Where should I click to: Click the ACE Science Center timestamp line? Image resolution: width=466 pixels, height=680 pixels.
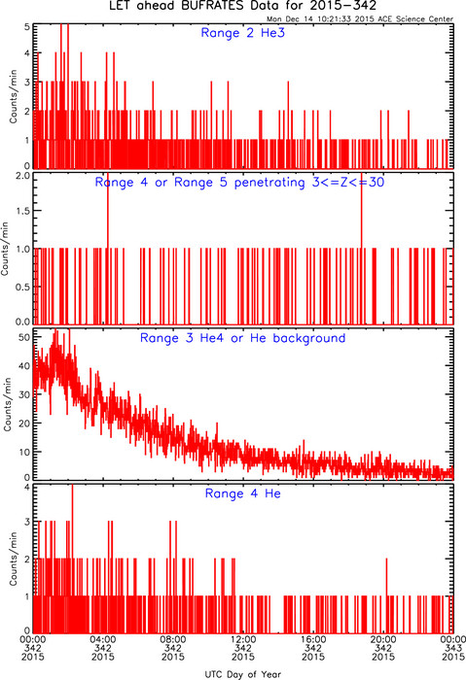click(360, 19)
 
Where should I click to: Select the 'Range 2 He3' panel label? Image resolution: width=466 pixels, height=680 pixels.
click(243, 33)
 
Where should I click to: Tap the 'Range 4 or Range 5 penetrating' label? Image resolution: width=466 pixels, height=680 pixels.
click(199, 183)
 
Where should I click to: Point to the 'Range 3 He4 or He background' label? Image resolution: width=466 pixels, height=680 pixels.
click(243, 338)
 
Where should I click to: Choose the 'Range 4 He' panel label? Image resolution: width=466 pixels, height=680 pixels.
click(243, 493)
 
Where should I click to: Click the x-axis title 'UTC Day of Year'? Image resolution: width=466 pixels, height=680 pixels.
click(243, 674)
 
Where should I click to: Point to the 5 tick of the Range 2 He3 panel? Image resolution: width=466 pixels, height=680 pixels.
click(27, 27)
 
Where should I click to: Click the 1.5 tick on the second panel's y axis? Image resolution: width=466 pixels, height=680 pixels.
click(23, 211)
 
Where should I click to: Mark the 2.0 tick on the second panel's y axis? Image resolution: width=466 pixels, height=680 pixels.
click(23, 176)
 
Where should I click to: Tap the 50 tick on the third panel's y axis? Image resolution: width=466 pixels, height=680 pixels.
click(24, 337)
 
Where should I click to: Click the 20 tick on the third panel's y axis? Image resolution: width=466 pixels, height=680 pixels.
click(24, 424)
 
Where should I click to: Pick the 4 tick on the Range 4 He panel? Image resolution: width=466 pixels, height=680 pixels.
click(27, 487)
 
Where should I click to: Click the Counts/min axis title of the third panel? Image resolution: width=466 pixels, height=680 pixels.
click(8, 405)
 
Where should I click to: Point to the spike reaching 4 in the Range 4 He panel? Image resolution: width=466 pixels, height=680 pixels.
click(72, 559)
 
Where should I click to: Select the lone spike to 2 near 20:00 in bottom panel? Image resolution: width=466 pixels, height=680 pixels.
click(386, 596)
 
